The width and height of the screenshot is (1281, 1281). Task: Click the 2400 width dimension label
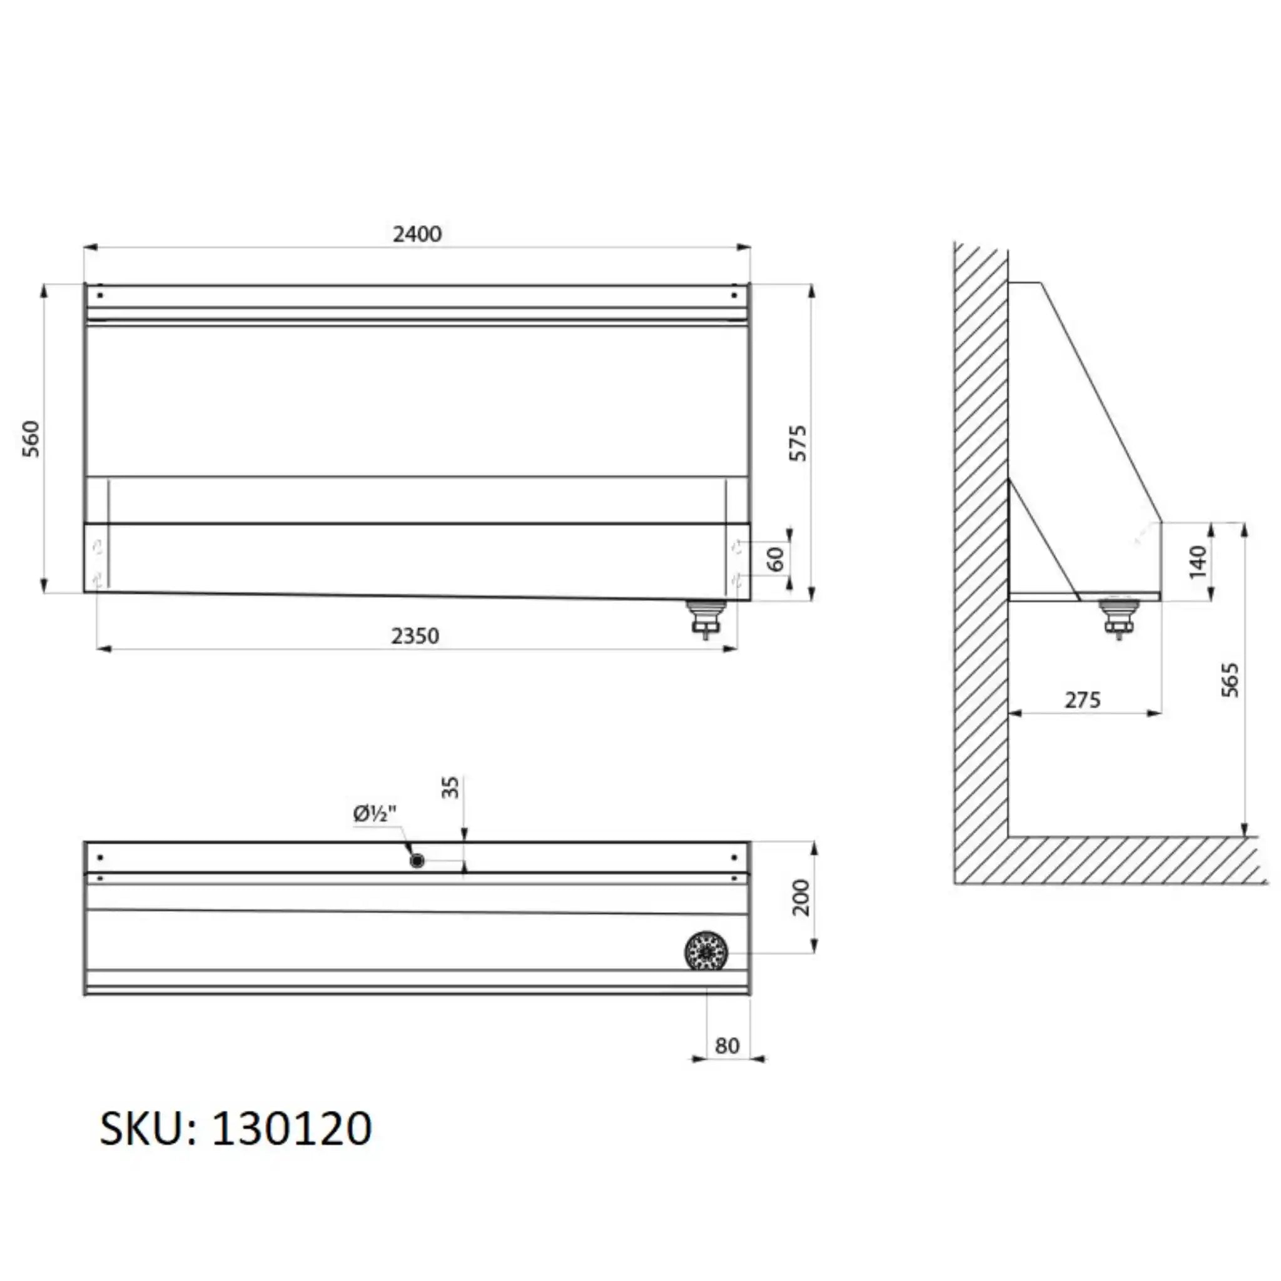point(417,233)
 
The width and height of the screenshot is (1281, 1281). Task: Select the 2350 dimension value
point(415,636)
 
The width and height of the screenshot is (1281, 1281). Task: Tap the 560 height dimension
point(31,438)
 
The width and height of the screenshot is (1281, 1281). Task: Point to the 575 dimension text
point(799,442)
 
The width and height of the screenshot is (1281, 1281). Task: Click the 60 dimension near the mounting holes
point(776,559)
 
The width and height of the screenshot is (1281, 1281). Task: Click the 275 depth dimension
point(1083,699)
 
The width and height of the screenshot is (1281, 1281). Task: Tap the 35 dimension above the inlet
point(450,787)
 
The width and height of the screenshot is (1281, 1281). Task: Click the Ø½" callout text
point(375,814)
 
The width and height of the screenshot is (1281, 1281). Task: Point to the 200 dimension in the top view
point(802,898)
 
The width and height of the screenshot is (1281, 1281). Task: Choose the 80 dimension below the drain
point(727,1046)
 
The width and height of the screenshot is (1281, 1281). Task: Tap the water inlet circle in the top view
point(417,861)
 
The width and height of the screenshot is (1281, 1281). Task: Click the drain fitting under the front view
point(706,617)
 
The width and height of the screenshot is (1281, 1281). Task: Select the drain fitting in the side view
point(1118,617)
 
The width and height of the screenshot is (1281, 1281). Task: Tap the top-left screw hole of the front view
point(100,295)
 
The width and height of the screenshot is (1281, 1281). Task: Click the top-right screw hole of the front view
point(733,295)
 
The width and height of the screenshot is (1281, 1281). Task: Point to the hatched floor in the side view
point(1127,859)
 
